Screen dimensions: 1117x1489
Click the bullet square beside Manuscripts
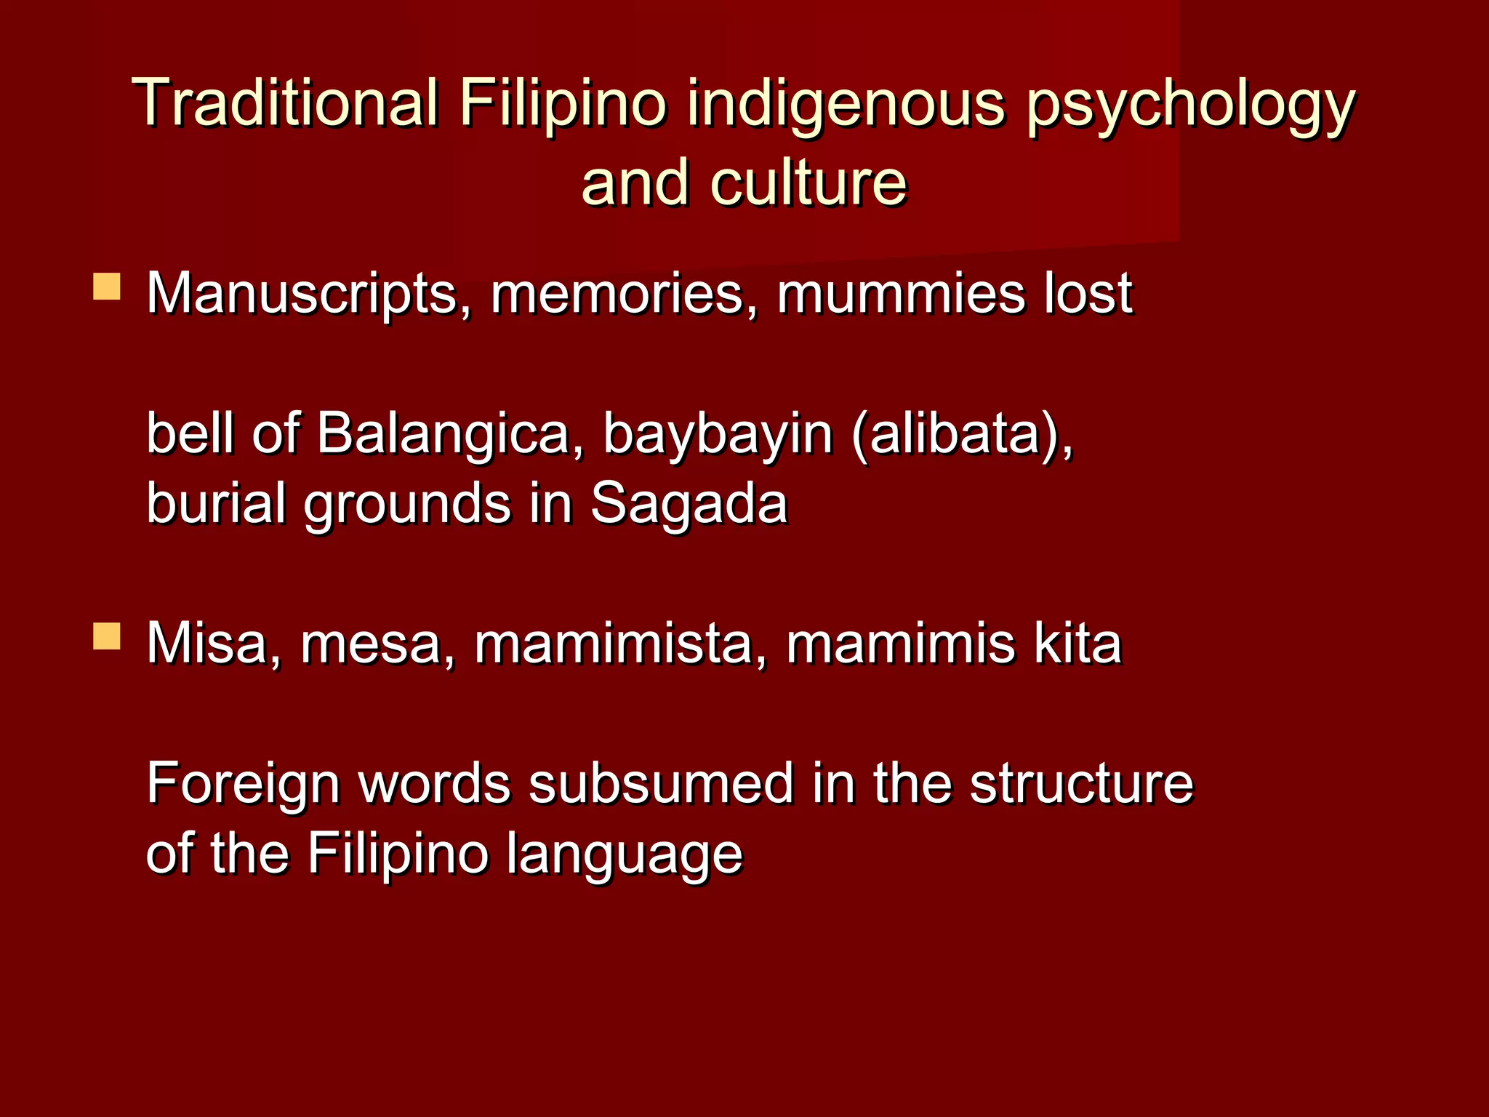point(107,287)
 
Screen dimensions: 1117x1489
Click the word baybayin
point(718,435)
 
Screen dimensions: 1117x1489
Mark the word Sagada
point(689,504)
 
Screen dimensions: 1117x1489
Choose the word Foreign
point(243,785)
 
